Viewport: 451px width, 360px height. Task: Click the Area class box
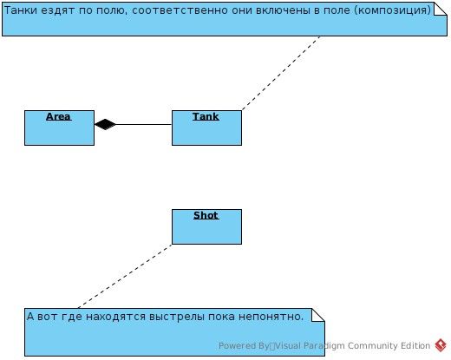coord(59,128)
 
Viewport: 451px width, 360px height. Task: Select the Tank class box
coord(206,128)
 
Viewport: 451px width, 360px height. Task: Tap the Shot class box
coord(206,226)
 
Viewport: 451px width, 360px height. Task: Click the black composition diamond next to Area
coord(105,124)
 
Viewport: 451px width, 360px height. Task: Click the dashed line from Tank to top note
coord(281,73)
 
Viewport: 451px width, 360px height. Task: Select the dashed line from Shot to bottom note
coord(125,276)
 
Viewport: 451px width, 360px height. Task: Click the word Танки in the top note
coord(21,10)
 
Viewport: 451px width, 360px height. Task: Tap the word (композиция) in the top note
coord(393,10)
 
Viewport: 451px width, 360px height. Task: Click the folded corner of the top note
coord(441,9)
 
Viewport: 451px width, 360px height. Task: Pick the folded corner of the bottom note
coord(318,315)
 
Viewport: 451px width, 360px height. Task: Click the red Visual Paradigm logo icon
coord(441,345)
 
